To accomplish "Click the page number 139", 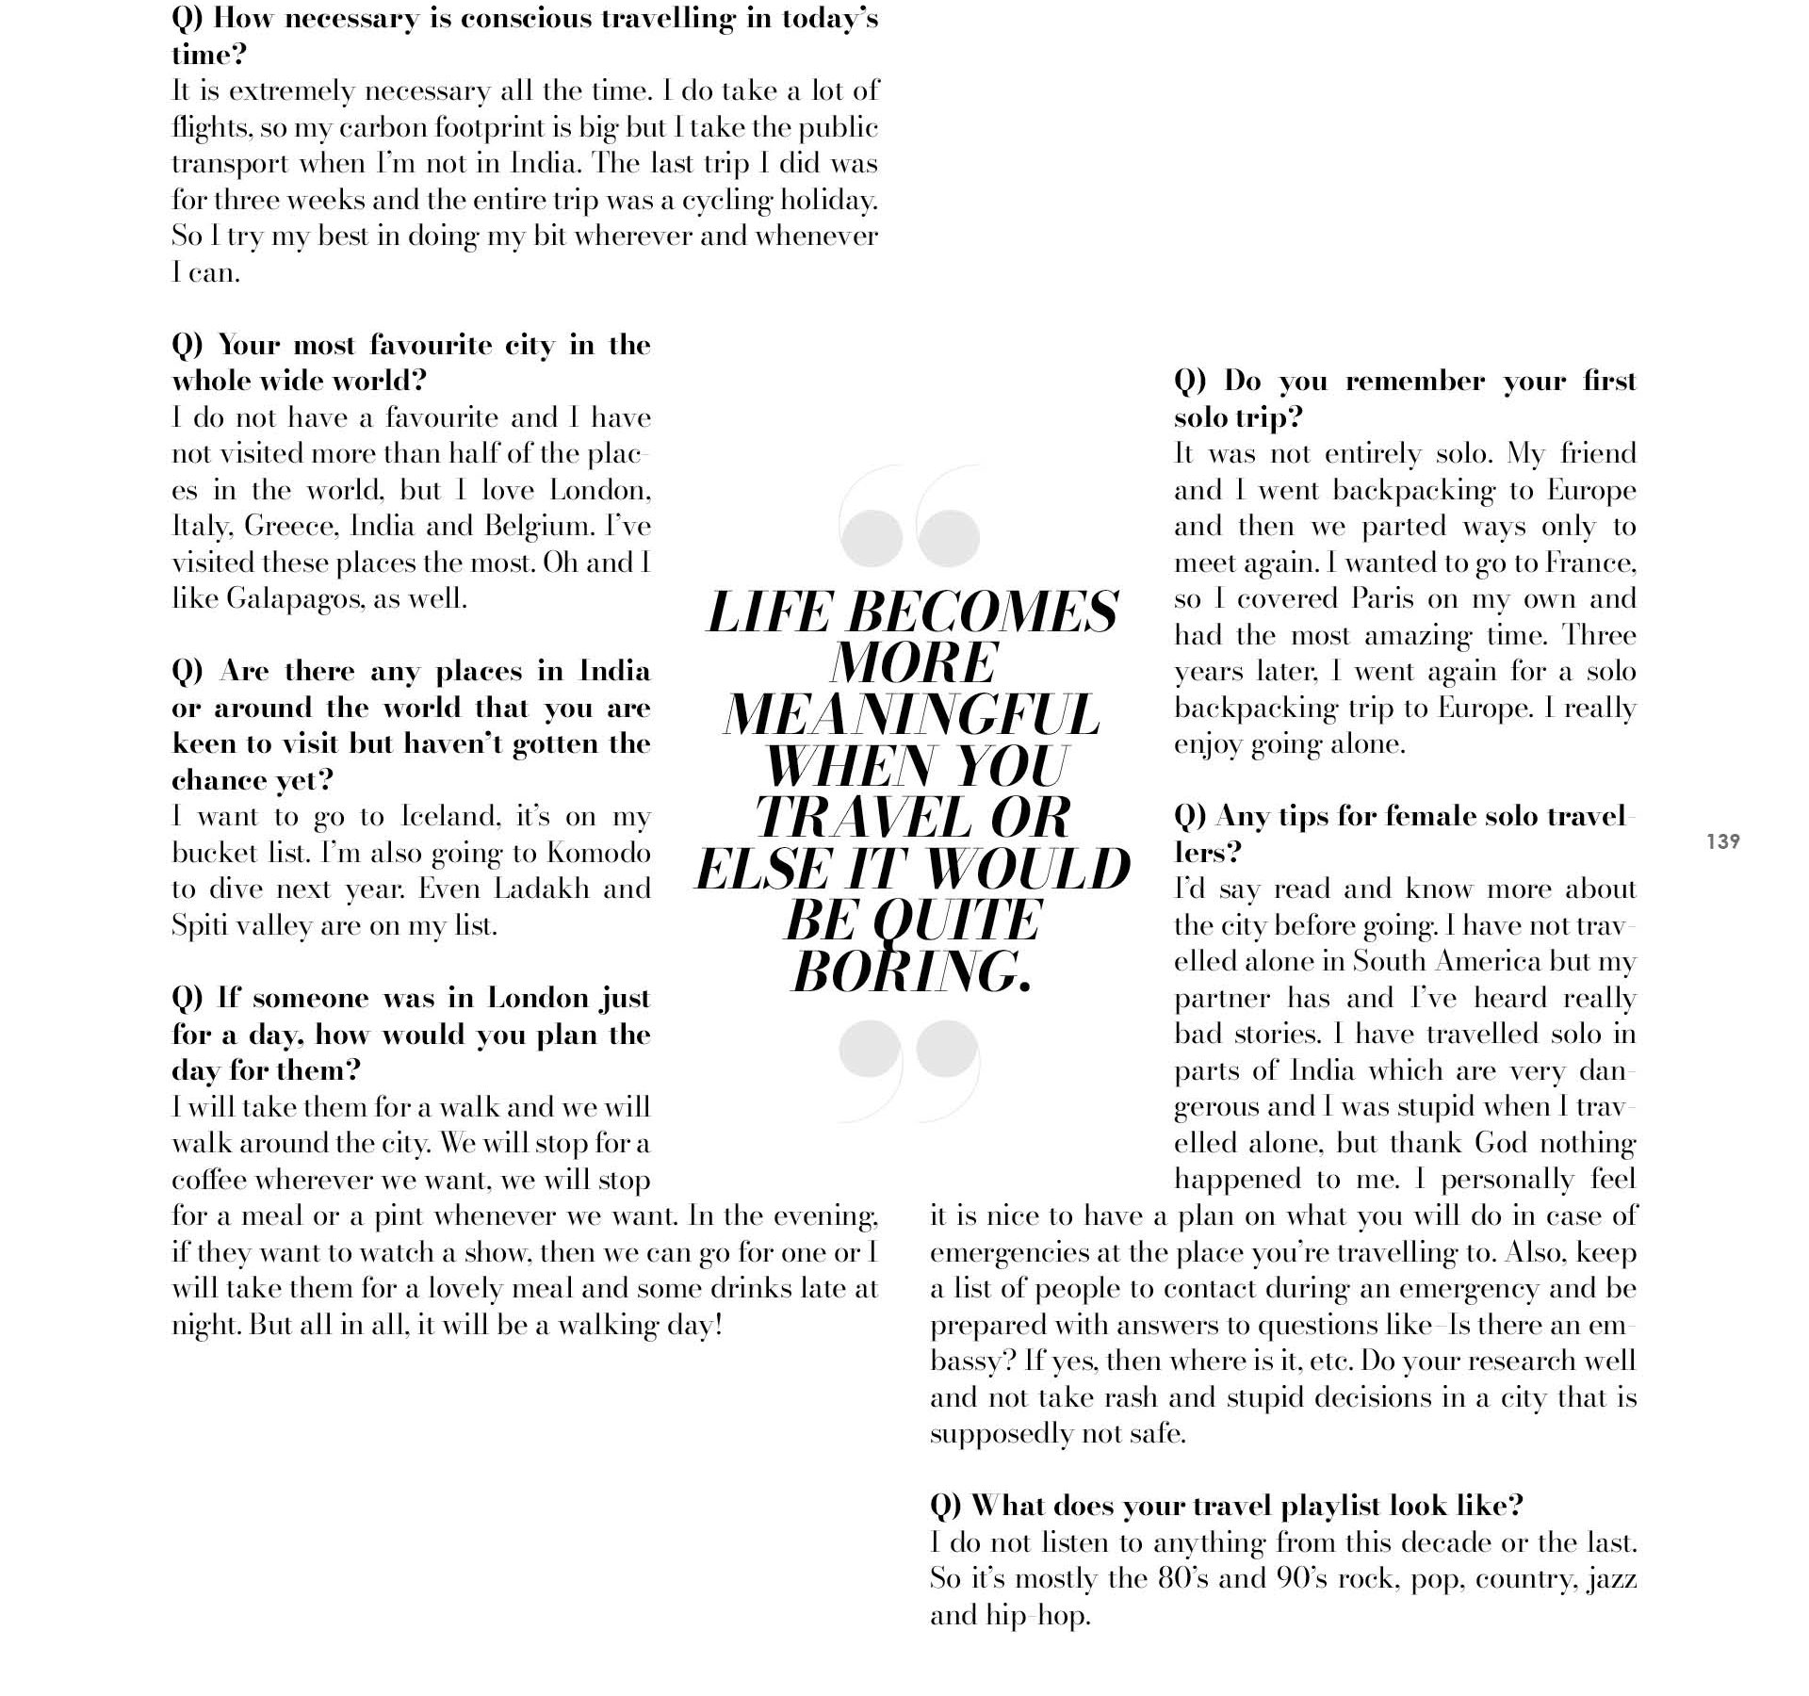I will click(1722, 841).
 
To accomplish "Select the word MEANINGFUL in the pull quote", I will click(911, 714).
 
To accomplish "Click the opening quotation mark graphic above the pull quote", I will click(909, 516).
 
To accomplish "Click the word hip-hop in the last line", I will click(1037, 1616).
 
